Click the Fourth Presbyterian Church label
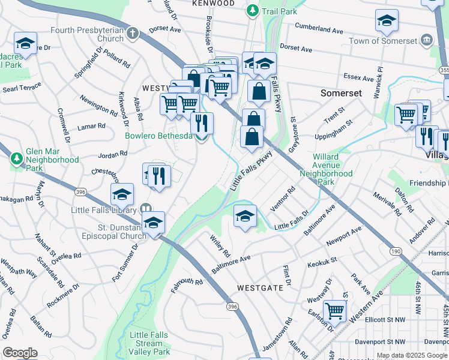pos(86,34)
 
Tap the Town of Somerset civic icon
pos(427,41)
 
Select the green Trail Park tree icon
pos(254,11)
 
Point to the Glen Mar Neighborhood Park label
pos(52,160)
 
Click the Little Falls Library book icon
pos(145,209)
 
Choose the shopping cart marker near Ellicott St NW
pos(334,311)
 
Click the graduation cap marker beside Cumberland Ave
pos(387,20)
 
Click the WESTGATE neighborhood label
pos(260,288)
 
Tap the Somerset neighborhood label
pos(341,94)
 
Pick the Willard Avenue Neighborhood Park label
pos(333,169)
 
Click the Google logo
pos(20,353)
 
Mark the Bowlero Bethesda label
pos(158,136)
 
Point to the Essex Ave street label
pos(359,77)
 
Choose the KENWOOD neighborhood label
pos(213,4)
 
